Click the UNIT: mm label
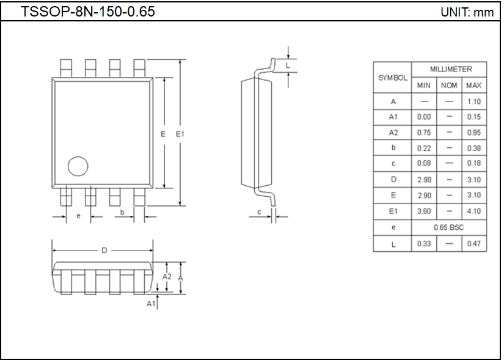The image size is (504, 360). (467, 12)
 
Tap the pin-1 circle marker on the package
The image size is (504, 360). (78, 166)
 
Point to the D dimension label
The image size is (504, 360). (104, 251)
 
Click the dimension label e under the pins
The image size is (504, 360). (78, 216)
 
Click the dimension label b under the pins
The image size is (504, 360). (122, 212)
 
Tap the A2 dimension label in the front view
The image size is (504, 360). (167, 277)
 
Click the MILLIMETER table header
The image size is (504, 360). (450, 69)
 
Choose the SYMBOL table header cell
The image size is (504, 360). (392, 78)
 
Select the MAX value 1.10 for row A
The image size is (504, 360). (473, 101)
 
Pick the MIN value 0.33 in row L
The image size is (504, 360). (424, 244)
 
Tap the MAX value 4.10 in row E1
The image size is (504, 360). (473, 211)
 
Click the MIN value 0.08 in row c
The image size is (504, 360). (424, 164)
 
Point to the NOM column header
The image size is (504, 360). (449, 86)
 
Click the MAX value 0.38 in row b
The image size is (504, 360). (473, 149)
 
